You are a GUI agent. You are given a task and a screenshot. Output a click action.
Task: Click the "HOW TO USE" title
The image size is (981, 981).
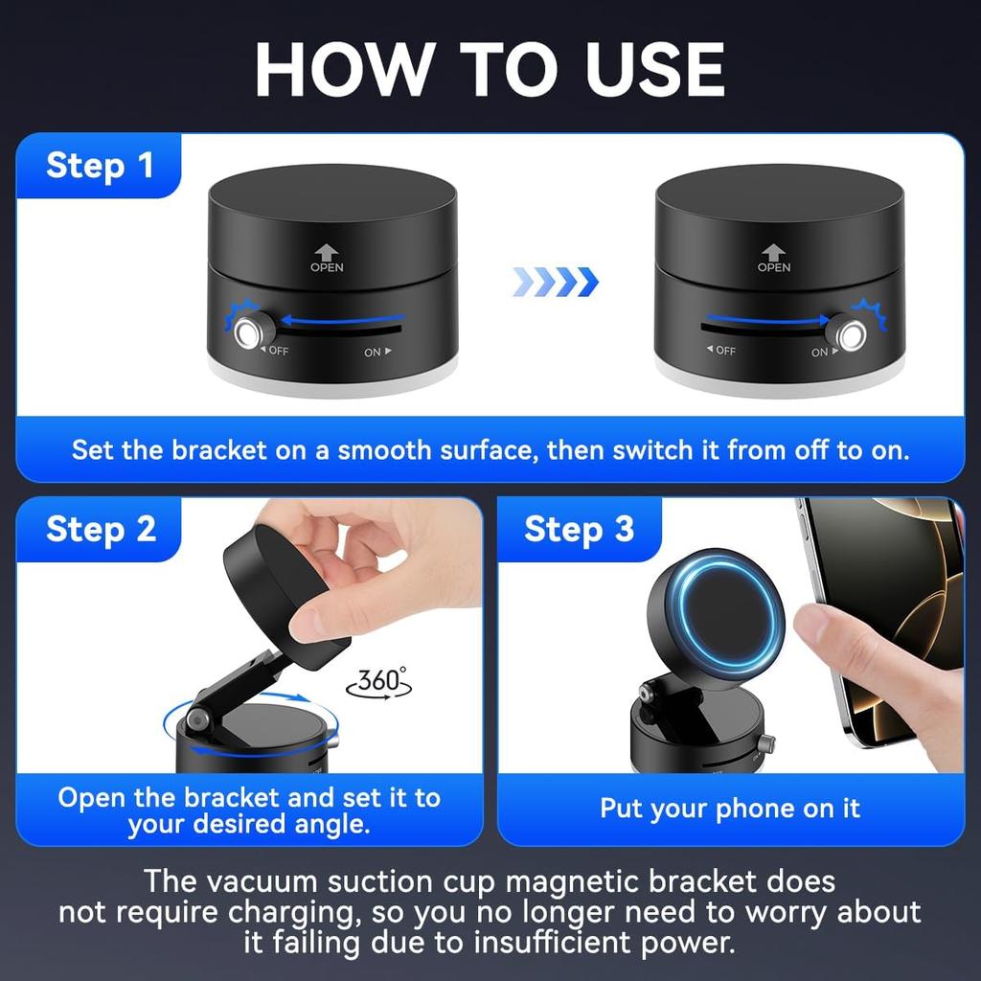[490, 69]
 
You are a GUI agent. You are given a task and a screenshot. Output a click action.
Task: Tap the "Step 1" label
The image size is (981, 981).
[100, 166]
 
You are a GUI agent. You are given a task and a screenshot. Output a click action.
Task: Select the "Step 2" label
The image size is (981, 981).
[101, 530]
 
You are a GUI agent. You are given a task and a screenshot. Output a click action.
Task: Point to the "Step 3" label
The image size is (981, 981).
[579, 529]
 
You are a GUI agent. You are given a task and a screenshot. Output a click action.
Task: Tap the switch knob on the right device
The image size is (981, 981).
[849, 334]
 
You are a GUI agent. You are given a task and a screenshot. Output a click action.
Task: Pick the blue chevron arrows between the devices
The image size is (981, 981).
[556, 282]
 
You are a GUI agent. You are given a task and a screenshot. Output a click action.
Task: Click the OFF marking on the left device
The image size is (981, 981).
[275, 351]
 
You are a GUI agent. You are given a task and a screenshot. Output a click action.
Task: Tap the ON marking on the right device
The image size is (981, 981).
[824, 353]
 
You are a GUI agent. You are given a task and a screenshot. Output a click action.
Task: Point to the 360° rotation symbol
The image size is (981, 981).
[379, 682]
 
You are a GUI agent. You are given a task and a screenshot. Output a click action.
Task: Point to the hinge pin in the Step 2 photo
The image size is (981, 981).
[198, 720]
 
